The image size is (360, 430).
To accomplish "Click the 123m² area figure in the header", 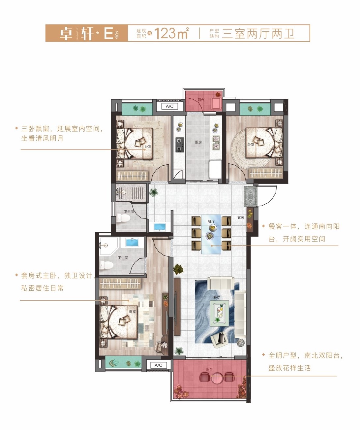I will (x=171, y=33).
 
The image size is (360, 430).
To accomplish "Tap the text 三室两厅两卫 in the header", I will (x=258, y=34).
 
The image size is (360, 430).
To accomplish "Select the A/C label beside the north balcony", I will (x=169, y=106).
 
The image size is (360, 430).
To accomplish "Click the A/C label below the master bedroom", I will (x=158, y=365).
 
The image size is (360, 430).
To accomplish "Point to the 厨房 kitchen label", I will (x=198, y=142).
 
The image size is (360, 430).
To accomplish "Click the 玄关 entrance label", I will (x=241, y=217).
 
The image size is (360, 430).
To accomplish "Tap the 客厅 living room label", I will (x=217, y=297).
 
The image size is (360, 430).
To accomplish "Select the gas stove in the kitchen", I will (x=179, y=144).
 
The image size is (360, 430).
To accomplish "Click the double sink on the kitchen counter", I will (x=216, y=142).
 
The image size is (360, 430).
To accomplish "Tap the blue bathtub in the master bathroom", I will (x=134, y=242).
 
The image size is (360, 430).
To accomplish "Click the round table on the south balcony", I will (x=217, y=378).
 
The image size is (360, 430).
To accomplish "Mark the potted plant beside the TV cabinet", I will (x=178, y=269).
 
